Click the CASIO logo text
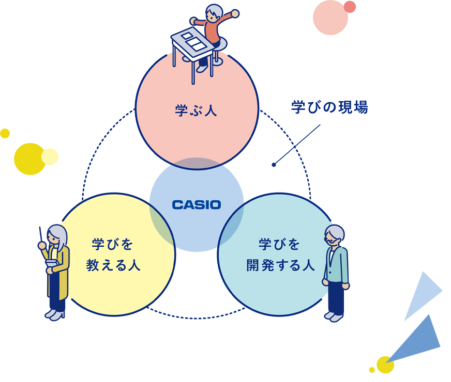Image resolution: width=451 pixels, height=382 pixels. click(196, 205)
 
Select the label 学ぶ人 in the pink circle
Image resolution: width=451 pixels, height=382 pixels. click(196, 110)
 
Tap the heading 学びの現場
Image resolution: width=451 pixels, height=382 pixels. click(329, 107)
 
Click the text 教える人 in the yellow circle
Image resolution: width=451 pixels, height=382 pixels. click(113, 265)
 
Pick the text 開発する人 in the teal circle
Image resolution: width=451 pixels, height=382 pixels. click(280, 265)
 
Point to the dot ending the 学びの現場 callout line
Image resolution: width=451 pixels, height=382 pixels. click(274, 165)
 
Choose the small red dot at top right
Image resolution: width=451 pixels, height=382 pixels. click(350, 7)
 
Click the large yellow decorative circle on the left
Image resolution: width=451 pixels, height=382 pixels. click(29, 159)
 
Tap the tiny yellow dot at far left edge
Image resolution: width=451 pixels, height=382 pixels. click(5, 133)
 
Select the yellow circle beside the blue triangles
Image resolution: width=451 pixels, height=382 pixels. click(385, 364)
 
